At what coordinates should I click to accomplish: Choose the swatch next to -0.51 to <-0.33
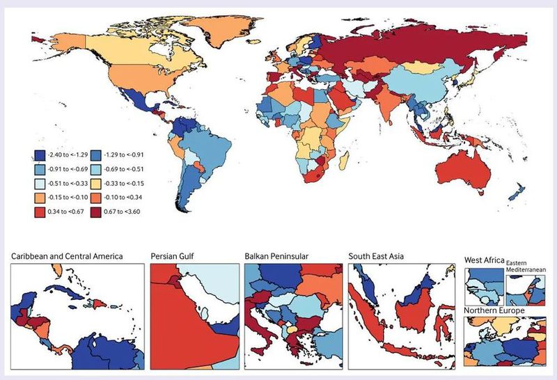coord(40,182)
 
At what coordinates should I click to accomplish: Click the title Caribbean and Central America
coord(67,256)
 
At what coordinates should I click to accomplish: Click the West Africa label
coord(483,260)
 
